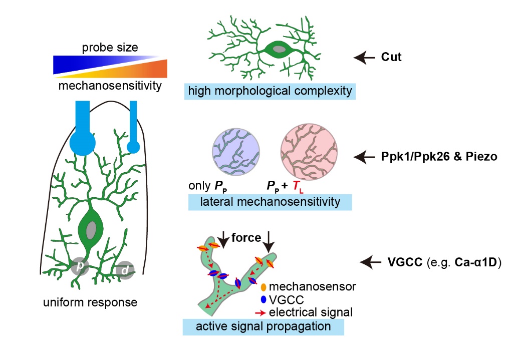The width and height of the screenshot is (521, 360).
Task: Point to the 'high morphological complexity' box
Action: tap(269, 91)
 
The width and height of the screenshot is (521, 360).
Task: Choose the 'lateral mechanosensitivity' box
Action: tap(270, 202)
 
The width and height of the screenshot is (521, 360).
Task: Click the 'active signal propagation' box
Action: tap(263, 327)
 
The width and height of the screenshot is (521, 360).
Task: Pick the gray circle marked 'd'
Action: tap(123, 270)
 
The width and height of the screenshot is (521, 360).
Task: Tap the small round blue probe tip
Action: tap(133, 147)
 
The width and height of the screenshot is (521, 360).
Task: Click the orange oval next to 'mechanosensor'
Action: tap(264, 287)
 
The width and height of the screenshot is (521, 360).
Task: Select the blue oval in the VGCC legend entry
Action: tap(264, 300)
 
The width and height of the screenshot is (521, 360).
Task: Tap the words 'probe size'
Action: tap(110, 48)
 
